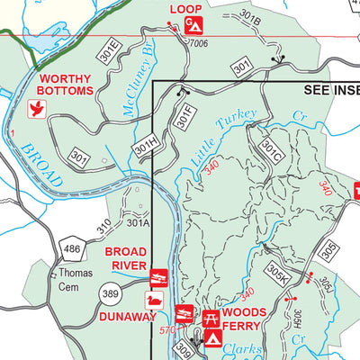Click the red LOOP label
pyautogui.click(x=186, y=9)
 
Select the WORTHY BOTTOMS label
pyautogui.click(x=65, y=85)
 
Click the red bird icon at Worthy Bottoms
pyautogui.click(x=38, y=109)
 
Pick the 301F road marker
pyautogui.click(x=184, y=114)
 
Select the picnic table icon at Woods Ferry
pyautogui.click(x=212, y=316)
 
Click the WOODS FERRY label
pyautogui.click(x=245, y=319)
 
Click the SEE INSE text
pyautogui.click(x=330, y=92)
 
